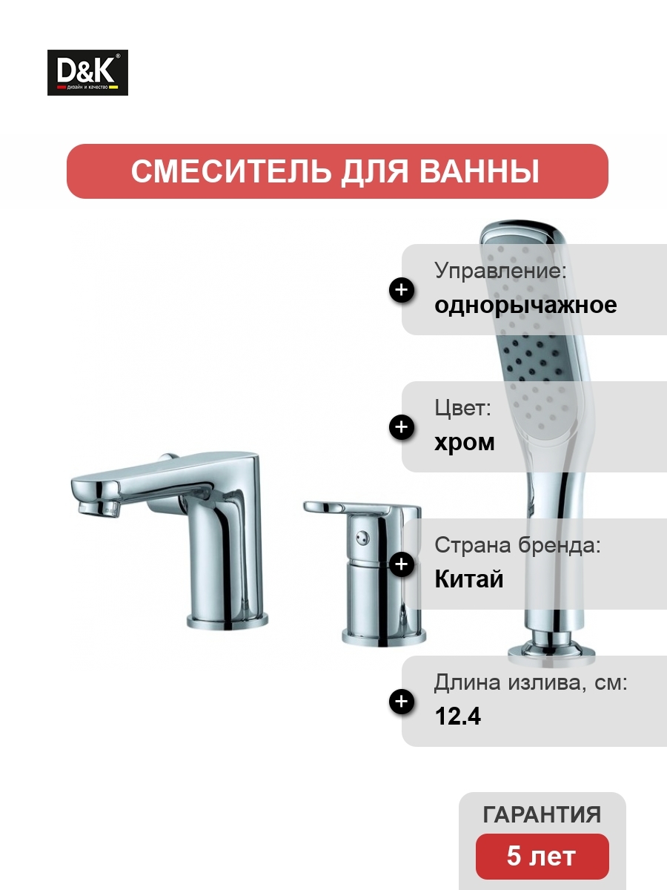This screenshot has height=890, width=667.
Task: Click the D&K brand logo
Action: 87,73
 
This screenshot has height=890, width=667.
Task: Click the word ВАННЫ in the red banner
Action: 479,171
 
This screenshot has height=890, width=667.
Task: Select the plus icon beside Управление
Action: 402,290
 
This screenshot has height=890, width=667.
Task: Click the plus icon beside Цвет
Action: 402,426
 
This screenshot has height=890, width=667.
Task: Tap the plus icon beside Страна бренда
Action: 402,564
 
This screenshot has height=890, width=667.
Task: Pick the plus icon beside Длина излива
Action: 402,701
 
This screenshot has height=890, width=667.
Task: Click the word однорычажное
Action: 525,306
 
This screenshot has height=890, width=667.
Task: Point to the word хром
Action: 465,443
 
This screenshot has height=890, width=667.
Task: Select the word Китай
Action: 469,578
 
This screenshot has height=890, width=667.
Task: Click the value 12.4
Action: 458,716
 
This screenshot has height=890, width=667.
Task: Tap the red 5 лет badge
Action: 542,857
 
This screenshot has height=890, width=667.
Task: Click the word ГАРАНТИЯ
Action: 542,814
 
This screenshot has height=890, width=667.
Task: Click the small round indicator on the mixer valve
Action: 362,538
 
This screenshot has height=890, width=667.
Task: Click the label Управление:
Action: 500,271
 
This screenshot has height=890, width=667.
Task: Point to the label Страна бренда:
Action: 517,545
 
